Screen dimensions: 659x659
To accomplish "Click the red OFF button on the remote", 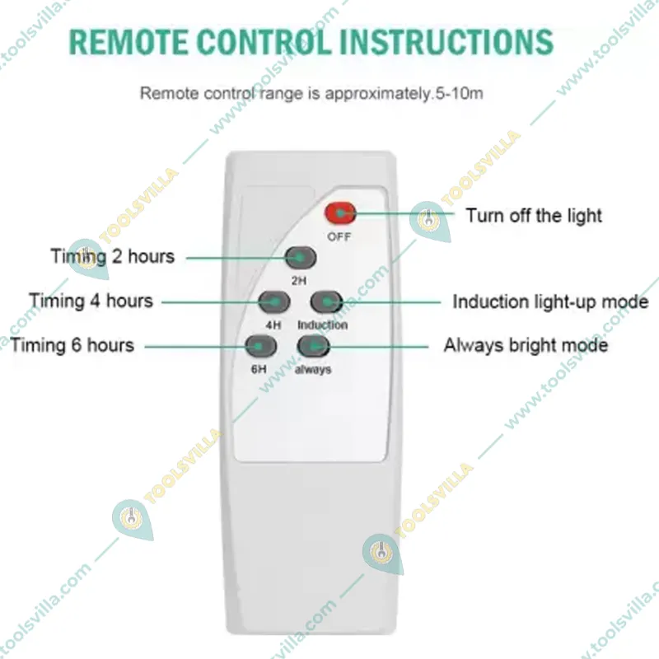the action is click(x=340, y=213).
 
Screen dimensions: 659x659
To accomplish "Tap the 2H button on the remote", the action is click(x=301, y=258).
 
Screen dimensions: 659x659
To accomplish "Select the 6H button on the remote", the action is click(x=260, y=346).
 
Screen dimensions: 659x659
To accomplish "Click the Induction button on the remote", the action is click(x=327, y=301).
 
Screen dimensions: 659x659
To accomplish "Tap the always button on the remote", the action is click(x=314, y=346).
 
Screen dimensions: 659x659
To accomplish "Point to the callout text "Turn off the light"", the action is click(x=534, y=216).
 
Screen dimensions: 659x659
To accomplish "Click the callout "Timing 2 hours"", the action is click(x=113, y=256).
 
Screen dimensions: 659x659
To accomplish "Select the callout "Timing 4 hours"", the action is click(x=91, y=301).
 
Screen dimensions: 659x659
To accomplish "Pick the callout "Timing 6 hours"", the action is click(x=72, y=345).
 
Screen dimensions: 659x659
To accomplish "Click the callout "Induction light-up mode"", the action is click(x=550, y=301).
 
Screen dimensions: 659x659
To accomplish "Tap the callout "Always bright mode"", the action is click(x=526, y=345).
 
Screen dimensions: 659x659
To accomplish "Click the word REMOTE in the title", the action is click(x=129, y=42).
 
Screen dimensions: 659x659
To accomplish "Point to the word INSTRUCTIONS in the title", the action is click(x=446, y=42).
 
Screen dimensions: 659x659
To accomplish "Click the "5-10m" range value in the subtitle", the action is click(x=459, y=93).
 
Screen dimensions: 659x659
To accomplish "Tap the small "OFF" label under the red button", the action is click(x=339, y=236).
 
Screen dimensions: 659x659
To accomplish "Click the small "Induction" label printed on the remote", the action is click(x=322, y=325).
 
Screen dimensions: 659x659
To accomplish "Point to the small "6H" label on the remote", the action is click(x=259, y=369).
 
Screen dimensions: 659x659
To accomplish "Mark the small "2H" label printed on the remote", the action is click(x=299, y=280).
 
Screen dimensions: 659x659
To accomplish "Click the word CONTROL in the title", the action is click(x=264, y=42).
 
